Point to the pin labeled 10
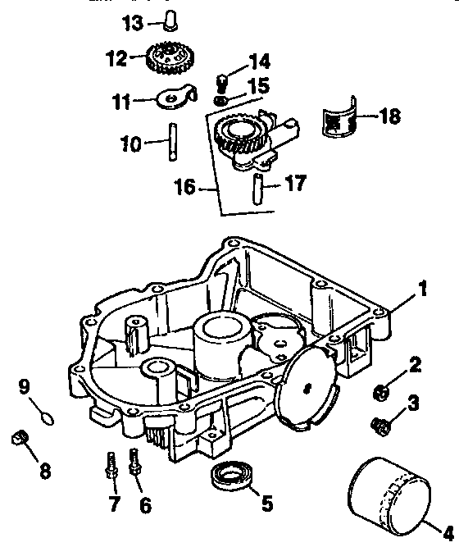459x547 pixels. (175, 141)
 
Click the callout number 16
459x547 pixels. (187, 187)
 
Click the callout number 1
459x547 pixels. (422, 288)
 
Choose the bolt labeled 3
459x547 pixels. (380, 425)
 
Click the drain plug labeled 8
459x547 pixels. (18, 440)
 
